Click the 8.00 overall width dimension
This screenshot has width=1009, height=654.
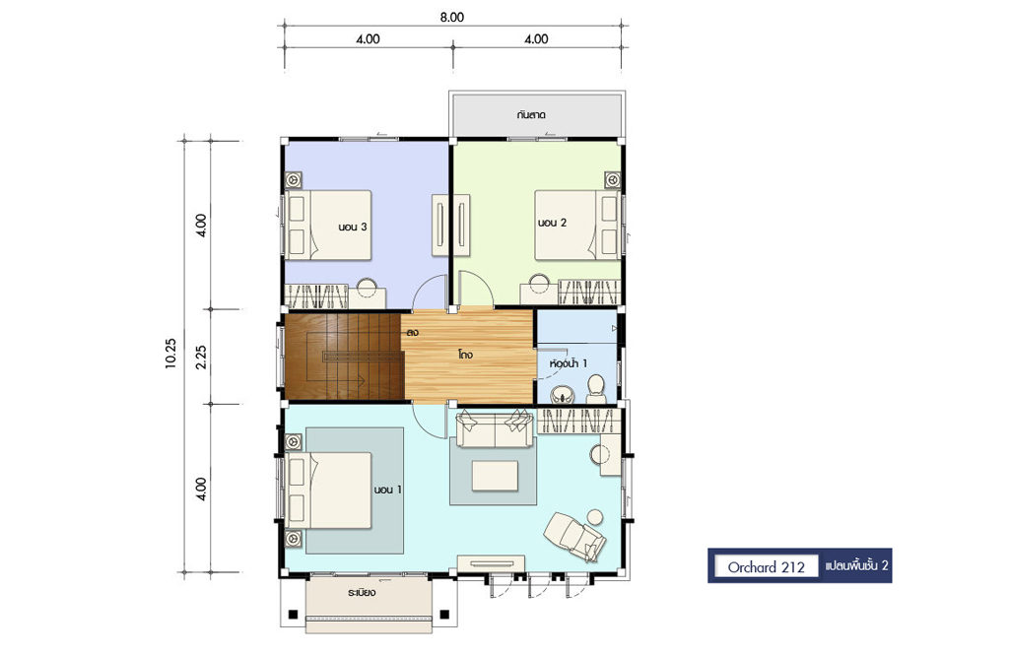click(451, 18)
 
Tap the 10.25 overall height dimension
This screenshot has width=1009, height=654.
click(169, 353)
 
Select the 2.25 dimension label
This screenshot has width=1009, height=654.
click(201, 357)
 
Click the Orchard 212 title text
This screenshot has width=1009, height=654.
click(766, 567)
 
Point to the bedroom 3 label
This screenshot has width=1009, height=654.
click(353, 227)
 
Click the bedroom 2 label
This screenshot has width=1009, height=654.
click(552, 223)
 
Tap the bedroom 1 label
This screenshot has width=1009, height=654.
click(388, 490)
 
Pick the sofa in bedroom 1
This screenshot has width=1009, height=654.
click(495, 430)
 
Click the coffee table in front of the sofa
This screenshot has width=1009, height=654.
click(495, 475)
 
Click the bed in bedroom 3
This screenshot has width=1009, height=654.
click(329, 226)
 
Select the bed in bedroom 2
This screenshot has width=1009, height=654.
click(577, 226)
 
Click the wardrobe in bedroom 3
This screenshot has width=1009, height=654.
click(316, 296)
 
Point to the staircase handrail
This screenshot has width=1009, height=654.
click(346, 356)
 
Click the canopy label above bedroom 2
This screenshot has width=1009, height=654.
click(531, 115)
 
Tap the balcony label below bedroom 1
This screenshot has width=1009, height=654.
click(362, 592)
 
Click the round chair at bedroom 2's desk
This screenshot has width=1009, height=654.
click(539, 284)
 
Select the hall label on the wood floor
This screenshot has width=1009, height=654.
click(465, 355)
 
